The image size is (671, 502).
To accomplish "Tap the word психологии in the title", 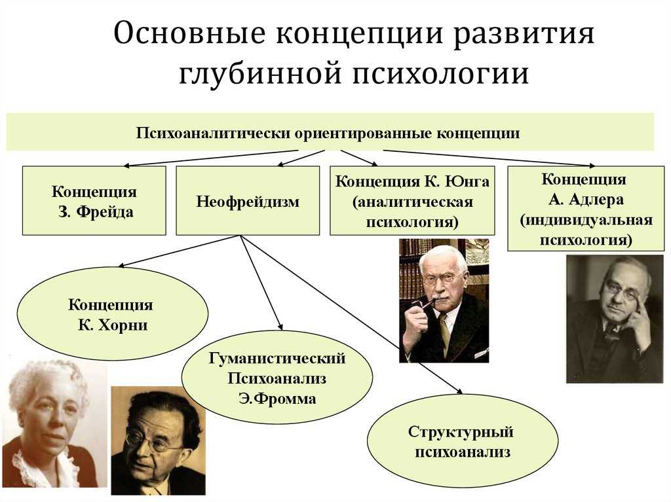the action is coord(441,73).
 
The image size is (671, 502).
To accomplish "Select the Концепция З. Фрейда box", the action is coord(94,200).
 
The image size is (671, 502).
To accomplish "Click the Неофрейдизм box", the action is coord(248,200).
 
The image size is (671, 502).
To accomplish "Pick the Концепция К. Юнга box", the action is coord(412,200).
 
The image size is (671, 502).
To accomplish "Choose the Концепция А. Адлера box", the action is coord(586,208).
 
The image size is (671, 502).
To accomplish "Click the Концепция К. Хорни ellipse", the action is coord(113,314).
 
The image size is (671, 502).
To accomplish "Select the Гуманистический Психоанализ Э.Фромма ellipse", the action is coord(277,378).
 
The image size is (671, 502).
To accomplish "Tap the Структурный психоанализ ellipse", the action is coord(463,441).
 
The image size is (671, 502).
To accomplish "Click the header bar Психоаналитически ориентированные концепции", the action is coord(330,132).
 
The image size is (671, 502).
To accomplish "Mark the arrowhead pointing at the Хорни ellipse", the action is coord(121,265).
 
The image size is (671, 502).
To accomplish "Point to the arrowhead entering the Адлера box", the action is coord(592,165).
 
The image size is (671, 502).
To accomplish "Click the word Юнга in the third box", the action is coord(467,181).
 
